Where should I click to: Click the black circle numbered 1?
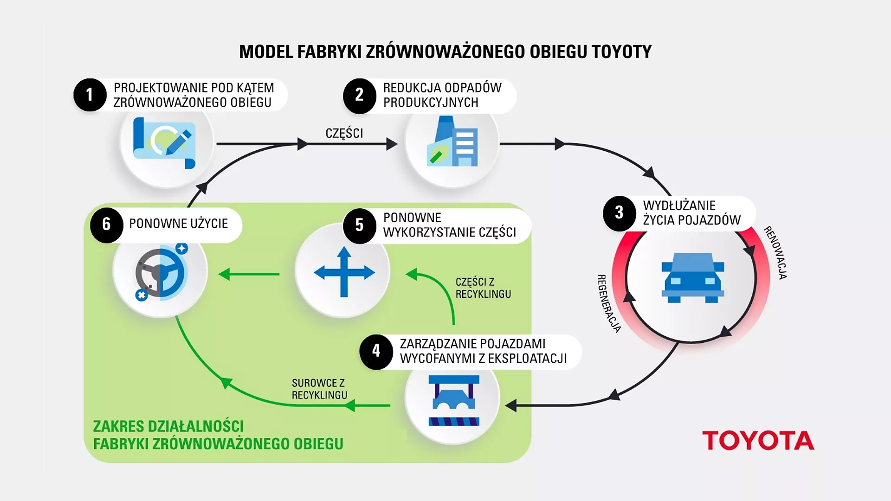pos(90,95)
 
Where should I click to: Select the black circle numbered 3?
pos(619,213)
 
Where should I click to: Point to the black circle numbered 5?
pos(359,225)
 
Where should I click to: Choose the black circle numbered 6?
pos(106,225)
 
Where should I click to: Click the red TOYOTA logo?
pos(758,441)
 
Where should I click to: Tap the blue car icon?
pos(692,278)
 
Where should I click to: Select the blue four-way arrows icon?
pos(344,272)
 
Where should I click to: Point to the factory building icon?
pos(452,142)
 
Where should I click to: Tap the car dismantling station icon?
pos(453,400)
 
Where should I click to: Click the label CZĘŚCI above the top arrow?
pos(344,134)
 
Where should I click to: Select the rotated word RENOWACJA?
pos(775,252)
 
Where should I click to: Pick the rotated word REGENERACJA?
pos(608,304)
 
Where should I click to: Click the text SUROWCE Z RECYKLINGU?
pos(319,389)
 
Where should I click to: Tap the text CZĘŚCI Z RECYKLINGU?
pos(483,288)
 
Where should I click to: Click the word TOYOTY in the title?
pos(621,51)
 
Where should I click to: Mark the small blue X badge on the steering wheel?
pos(142,295)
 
